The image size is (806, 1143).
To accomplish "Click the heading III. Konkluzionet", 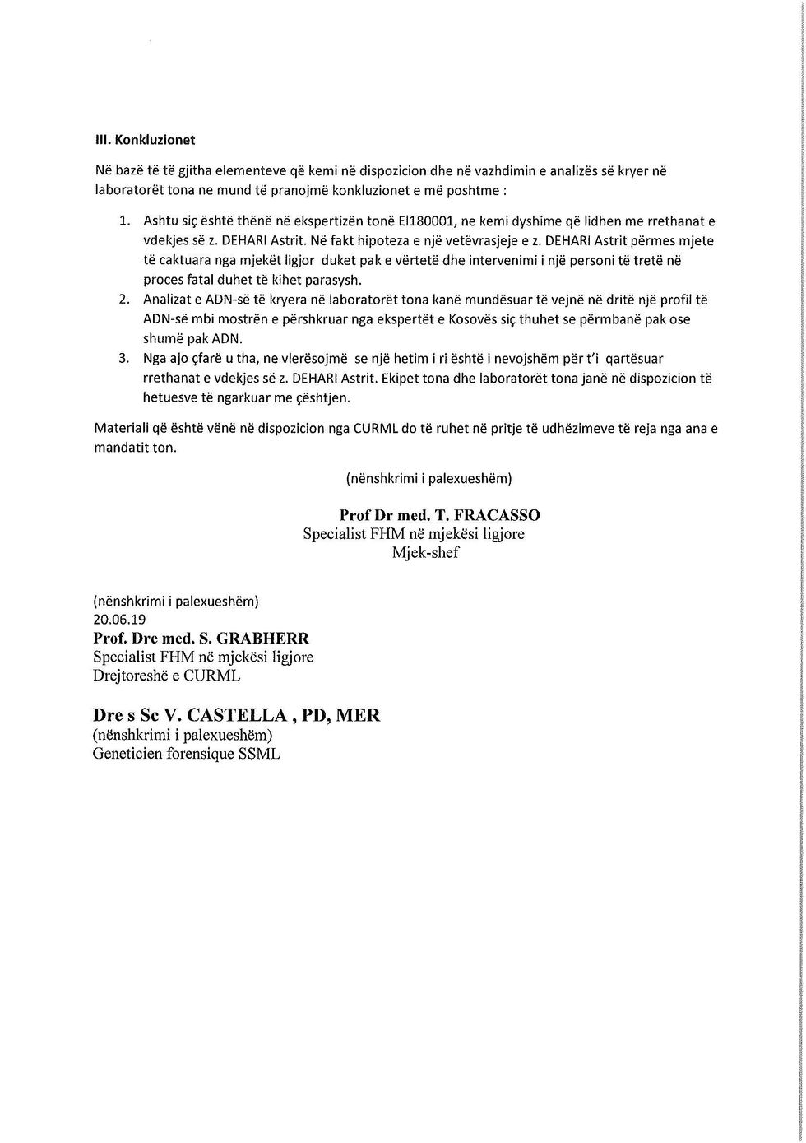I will point(145,140).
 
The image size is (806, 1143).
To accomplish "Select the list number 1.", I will point(124,221).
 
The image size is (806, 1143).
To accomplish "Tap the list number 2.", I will point(124,300).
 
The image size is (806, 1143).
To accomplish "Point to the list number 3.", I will point(124,359).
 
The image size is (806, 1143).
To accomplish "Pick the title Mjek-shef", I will point(425,553).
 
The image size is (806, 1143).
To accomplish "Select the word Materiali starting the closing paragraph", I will point(123,429).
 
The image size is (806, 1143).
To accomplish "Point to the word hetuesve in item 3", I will point(169,398).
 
